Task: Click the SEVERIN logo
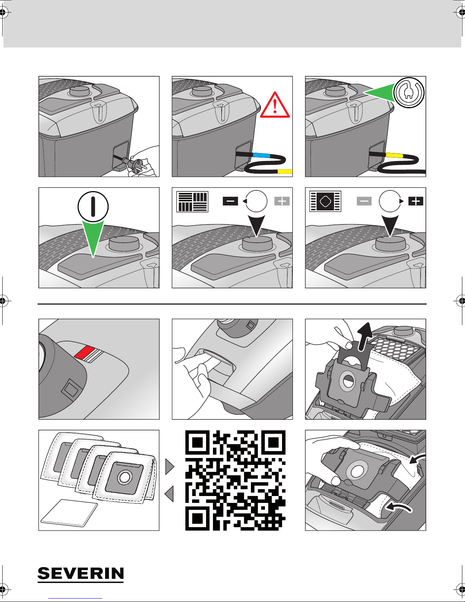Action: tap(81, 574)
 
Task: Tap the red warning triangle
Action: tap(275, 106)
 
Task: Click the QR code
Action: tap(235, 480)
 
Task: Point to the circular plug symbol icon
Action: tap(409, 93)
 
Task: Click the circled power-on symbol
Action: tap(93, 207)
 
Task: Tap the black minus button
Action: tap(230, 201)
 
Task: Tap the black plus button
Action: tap(416, 201)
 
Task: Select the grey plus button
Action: tap(282, 201)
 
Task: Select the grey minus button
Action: tap(364, 201)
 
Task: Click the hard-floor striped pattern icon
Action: tap(192, 202)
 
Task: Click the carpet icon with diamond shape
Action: tap(325, 201)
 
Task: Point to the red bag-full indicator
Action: tap(84, 352)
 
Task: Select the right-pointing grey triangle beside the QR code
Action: tap(170, 466)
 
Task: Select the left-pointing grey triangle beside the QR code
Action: tap(169, 494)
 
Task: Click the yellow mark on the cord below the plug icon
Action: tap(394, 155)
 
